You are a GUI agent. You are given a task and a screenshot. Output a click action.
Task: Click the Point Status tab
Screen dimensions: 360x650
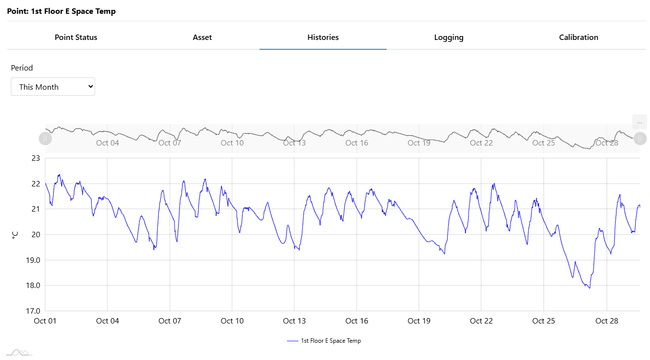(x=76, y=37)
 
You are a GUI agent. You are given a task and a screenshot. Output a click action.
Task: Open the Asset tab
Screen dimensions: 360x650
(x=202, y=37)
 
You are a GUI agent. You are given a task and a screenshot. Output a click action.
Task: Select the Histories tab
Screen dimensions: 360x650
(x=323, y=37)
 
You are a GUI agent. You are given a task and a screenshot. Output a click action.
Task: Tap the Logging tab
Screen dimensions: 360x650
(x=449, y=37)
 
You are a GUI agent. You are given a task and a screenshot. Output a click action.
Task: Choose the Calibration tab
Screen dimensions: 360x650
(x=578, y=37)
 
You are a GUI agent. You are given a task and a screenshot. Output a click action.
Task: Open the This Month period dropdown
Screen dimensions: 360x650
(x=53, y=87)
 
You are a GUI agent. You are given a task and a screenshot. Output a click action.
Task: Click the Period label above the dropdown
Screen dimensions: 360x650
(x=22, y=68)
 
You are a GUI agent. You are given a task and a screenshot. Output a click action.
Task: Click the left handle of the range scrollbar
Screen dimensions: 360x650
(x=45, y=139)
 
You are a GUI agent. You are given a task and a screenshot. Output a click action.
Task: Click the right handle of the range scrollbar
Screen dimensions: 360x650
(x=640, y=139)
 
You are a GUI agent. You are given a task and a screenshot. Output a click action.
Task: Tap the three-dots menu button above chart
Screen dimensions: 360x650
(x=640, y=122)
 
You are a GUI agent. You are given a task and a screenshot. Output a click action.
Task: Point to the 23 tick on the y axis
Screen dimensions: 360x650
(x=36, y=158)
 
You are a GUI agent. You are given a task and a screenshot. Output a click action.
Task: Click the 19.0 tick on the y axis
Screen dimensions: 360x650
(x=33, y=260)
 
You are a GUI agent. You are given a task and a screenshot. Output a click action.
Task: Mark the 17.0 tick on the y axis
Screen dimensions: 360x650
(x=33, y=311)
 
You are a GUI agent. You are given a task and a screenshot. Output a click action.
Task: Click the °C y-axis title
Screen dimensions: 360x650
(x=15, y=235)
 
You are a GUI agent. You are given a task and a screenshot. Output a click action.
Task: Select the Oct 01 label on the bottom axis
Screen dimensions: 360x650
(x=45, y=321)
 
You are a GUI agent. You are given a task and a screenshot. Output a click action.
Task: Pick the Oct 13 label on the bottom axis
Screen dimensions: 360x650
(x=294, y=321)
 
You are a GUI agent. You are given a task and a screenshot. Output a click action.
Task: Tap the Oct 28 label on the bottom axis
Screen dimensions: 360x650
(x=607, y=321)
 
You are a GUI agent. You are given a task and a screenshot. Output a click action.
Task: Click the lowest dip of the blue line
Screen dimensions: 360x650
(x=589, y=288)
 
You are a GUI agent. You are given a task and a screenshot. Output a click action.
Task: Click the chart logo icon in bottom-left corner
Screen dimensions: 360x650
(x=19, y=352)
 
